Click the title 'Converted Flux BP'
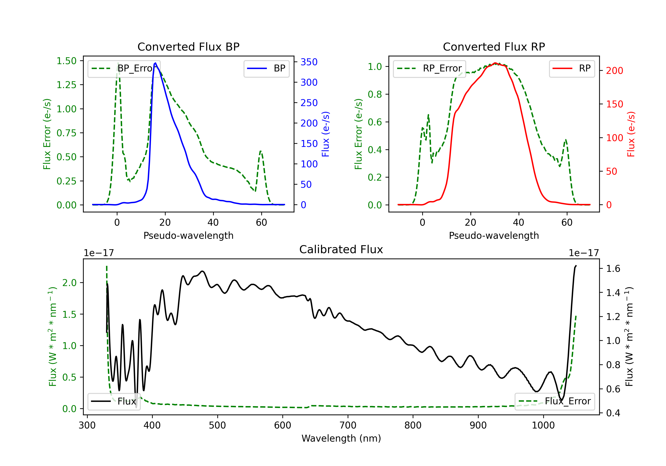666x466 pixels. click(x=188, y=47)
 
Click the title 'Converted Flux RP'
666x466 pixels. click(x=494, y=47)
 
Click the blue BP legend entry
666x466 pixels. click(x=266, y=68)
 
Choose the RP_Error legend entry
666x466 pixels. click(x=429, y=68)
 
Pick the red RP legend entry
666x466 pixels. click(x=572, y=68)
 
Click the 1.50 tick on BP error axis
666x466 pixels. click(x=66, y=61)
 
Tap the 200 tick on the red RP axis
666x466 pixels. click(x=614, y=71)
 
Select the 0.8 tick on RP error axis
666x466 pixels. click(x=375, y=94)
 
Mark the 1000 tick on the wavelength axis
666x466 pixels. click(x=543, y=425)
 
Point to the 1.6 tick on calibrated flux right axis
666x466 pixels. click(x=613, y=269)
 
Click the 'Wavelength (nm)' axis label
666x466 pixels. click(x=341, y=438)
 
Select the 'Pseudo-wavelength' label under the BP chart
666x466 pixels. click(x=188, y=235)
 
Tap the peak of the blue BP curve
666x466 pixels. click(x=155, y=63)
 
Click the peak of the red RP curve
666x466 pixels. click(x=495, y=63)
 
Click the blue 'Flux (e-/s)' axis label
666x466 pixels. click(x=325, y=134)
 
